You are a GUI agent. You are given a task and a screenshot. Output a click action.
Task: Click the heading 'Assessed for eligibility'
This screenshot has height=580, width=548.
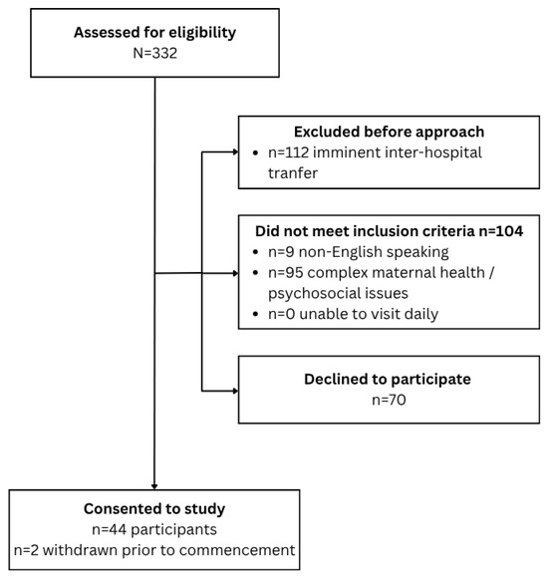(x=154, y=33)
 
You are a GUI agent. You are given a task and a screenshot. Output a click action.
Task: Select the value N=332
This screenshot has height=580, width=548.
(x=154, y=53)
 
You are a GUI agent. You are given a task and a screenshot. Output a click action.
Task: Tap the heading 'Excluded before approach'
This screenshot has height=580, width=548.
(x=389, y=133)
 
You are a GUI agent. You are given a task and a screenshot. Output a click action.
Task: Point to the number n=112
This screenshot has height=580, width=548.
(x=288, y=152)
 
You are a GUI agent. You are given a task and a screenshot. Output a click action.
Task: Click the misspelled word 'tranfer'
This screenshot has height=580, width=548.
(x=293, y=173)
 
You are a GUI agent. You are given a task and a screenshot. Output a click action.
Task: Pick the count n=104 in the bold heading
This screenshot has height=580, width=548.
(x=501, y=231)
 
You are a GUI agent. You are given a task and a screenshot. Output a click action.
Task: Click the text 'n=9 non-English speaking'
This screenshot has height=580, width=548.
(x=359, y=252)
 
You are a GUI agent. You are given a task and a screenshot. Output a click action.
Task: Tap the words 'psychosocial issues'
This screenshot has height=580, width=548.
(x=338, y=294)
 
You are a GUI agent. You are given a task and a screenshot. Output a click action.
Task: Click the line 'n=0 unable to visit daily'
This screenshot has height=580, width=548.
(x=353, y=314)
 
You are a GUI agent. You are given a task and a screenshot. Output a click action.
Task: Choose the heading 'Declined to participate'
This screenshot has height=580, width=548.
(x=388, y=380)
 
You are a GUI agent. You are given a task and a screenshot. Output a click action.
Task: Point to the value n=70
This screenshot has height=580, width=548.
(x=389, y=400)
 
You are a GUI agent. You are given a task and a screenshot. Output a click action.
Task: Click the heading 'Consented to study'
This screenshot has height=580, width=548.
(x=154, y=509)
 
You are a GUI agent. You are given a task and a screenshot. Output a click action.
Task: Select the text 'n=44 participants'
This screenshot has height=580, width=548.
(x=154, y=530)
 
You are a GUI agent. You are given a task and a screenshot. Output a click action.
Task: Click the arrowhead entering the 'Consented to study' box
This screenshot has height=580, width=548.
(x=154, y=486)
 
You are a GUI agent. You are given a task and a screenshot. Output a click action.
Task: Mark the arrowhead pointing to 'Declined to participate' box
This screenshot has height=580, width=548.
(x=235, y=391)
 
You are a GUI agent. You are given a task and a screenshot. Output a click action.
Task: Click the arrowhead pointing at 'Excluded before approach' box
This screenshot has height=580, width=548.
(x=235, y=151)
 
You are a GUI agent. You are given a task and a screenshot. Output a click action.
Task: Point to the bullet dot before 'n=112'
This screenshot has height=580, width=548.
(x=255, y=152)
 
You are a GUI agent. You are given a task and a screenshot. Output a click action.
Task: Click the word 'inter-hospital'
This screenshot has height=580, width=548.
(x=424, y=152)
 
